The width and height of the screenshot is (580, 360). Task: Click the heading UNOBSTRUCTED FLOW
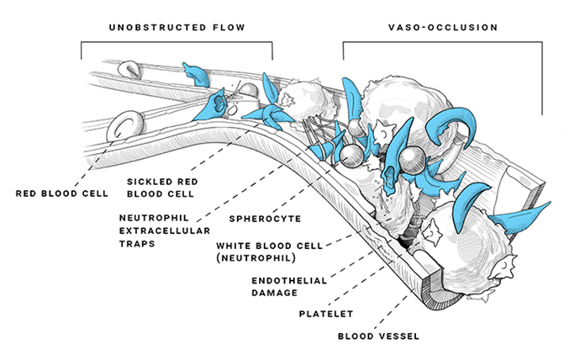tap(176, 28)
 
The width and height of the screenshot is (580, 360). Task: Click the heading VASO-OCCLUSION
tap(442, 28)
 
